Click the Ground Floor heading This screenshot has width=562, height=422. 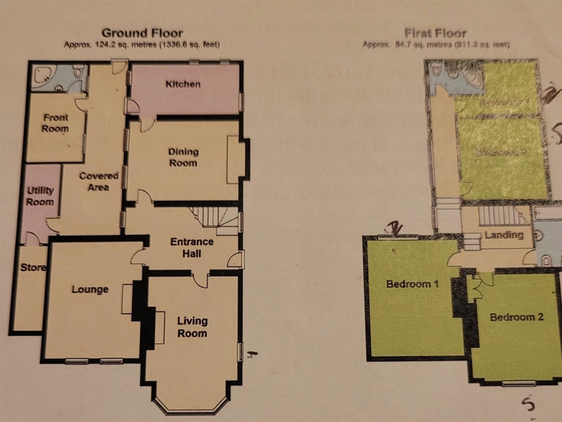[142, 33]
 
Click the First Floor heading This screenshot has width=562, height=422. [436, 33]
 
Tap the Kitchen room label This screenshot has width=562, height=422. [183, 84]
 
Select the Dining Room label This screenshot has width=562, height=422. [183, 157]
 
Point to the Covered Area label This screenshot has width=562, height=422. [98, 181]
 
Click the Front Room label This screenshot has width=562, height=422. [55, 123]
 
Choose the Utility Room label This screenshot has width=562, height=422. [40, 196]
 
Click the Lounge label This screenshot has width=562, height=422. [90, 289]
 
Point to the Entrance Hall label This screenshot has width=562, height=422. [192, 247]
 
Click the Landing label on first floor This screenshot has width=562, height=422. [504, 235]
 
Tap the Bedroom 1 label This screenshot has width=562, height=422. [413, 284]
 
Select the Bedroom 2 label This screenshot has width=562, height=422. [516, 316]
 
